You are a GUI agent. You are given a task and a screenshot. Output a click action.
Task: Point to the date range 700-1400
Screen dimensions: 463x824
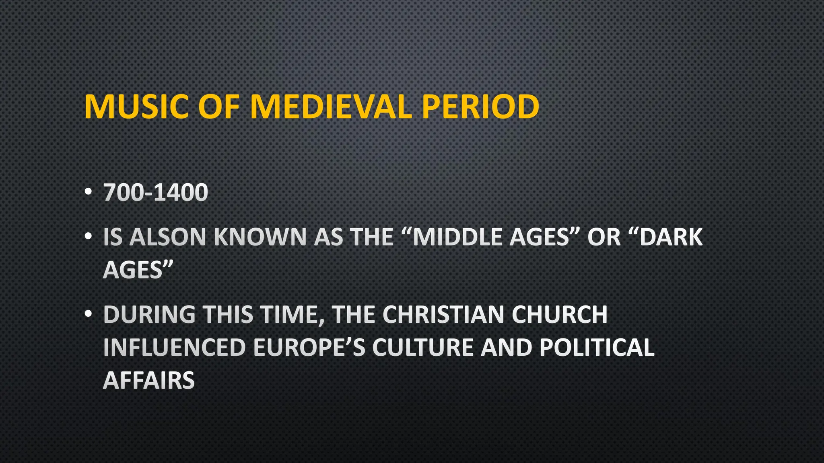[156, 193]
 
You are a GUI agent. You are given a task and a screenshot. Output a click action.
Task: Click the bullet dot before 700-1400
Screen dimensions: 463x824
[89, 191]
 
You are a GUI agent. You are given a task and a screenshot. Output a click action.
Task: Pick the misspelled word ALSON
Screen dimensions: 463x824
[168, 237]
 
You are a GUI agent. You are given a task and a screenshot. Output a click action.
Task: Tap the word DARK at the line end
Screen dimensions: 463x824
[671, 237]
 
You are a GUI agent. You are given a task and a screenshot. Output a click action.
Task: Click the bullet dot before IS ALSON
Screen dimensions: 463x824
[89, 236]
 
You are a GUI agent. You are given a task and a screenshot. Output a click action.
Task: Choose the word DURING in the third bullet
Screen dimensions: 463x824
[149, 314]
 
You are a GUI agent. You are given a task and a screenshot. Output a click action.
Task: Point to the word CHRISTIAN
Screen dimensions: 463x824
[443, 314]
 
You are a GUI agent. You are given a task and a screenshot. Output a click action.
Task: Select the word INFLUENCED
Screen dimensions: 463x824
[174, 347]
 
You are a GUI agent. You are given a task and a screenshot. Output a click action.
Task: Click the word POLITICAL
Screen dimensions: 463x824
[597, 347]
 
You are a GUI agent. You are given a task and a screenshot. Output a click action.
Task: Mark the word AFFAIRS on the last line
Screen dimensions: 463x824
[149, 380]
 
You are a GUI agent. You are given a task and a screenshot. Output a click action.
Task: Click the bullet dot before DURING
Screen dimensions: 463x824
[89, 313]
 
